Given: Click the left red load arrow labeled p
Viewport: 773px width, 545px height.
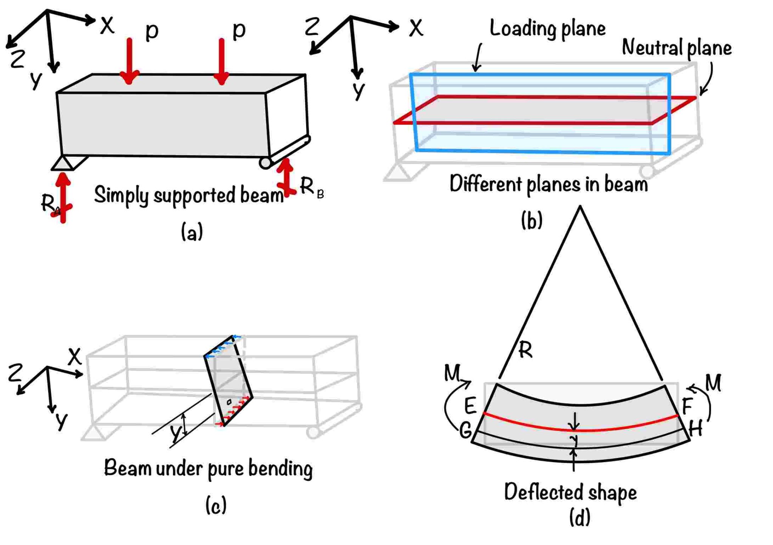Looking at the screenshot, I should pyautogui.click(x=129, y=60).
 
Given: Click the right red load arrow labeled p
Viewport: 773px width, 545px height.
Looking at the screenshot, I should pyautogui.click(x=222, y=60).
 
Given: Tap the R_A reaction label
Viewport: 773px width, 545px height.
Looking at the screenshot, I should pyautogui.click(x=51, y=204).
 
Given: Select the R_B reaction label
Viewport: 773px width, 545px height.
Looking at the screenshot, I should pyautogui.click(x=311, y=187).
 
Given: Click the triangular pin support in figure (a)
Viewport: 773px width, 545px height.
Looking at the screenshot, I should pyautogui.click(x=63, y=163).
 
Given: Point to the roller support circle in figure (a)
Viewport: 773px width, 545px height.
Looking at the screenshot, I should pyautogui.click(x=265, y=163).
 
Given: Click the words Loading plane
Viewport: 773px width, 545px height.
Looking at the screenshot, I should pyautogui.click(x=547, y=29).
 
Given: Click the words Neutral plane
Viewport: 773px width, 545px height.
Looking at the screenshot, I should pyautogui.click(x=676, y=48).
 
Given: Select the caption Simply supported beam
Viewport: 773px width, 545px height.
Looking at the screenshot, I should pyautogui.click(x=189, y=195).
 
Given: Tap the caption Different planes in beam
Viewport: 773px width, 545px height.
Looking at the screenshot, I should pyautogui.click(x=548, y=185).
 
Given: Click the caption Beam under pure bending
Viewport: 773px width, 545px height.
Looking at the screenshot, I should pyautogui.click(x=208, y=468).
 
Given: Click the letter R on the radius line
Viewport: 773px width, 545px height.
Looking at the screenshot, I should pyautogui.click(x=525, y=350).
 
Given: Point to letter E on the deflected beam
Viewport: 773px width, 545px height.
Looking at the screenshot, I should pyautogui.click(x=470, y=406).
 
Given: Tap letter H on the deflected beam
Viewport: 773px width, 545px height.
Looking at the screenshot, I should pyautogui.click(x=696, y=428).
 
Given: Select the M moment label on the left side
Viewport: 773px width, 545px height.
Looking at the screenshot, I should pyautogui.click(x=452, y=373).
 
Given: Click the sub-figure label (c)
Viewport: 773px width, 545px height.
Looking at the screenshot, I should pyautogui.click(x=216, y=505).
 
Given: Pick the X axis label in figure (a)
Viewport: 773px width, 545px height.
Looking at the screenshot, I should pyautogui.click(x=107, y=26).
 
